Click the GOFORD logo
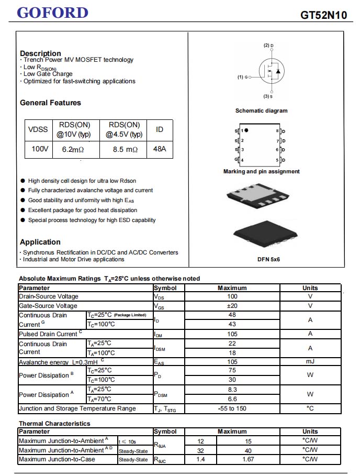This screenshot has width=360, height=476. coord(52,13)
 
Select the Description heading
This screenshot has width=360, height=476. coord(40,53)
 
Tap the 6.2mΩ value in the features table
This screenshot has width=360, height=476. coord(73,149)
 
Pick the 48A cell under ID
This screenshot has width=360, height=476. coord(160,149)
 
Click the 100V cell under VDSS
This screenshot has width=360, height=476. coord(40,149)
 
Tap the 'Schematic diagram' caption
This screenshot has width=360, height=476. coord(261,110)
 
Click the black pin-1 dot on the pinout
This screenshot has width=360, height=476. coord(246,130)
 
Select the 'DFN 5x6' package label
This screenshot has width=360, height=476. coord(268,259)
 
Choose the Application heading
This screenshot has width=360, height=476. coord(40,242)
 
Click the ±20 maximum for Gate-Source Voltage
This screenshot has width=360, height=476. coord(232,306)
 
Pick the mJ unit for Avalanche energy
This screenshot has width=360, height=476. coord(310,362)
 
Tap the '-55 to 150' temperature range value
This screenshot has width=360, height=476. coord(232,408)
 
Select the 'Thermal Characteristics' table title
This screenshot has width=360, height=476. coord(54,424)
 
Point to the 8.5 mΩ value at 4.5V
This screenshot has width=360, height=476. coord(125,149)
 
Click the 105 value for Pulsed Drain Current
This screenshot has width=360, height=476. coord(232,334)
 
